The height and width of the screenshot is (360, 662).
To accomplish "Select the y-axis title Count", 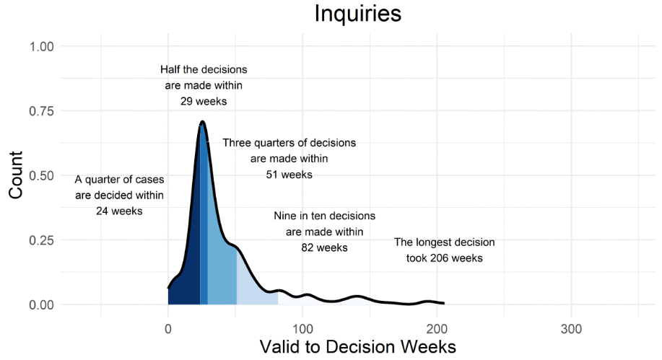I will pyautogui.click(x=17, y=175).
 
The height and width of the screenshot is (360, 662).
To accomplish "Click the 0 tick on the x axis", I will pyautogui.click(x=168, y=325).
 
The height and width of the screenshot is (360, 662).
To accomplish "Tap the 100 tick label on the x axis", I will pyautogui.click(x=302, y=325).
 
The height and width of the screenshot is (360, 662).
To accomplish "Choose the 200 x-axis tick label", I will pyautogui.click(x=437, y=325).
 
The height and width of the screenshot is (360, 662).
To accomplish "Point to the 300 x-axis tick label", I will pyautogui.click(x=571, y=325).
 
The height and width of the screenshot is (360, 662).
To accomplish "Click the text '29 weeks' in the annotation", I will pyautogui.click(x=204, y=102).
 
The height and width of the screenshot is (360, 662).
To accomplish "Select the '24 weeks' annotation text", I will pyautogui.click(x=119, y=211).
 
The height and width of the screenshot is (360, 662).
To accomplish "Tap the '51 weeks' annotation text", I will pyautogui.click(x=289, y=175).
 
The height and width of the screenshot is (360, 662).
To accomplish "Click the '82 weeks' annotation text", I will pyautogui.click(x=324, y=247).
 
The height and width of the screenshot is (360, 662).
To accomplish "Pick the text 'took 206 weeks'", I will pyautogui.click(x=445, y=258).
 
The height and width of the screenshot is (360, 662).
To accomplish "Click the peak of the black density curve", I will pyautogui.click(x=203, y=122).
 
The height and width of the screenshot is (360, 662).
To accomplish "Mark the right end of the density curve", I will pyautogui.click(x=444, y=303).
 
